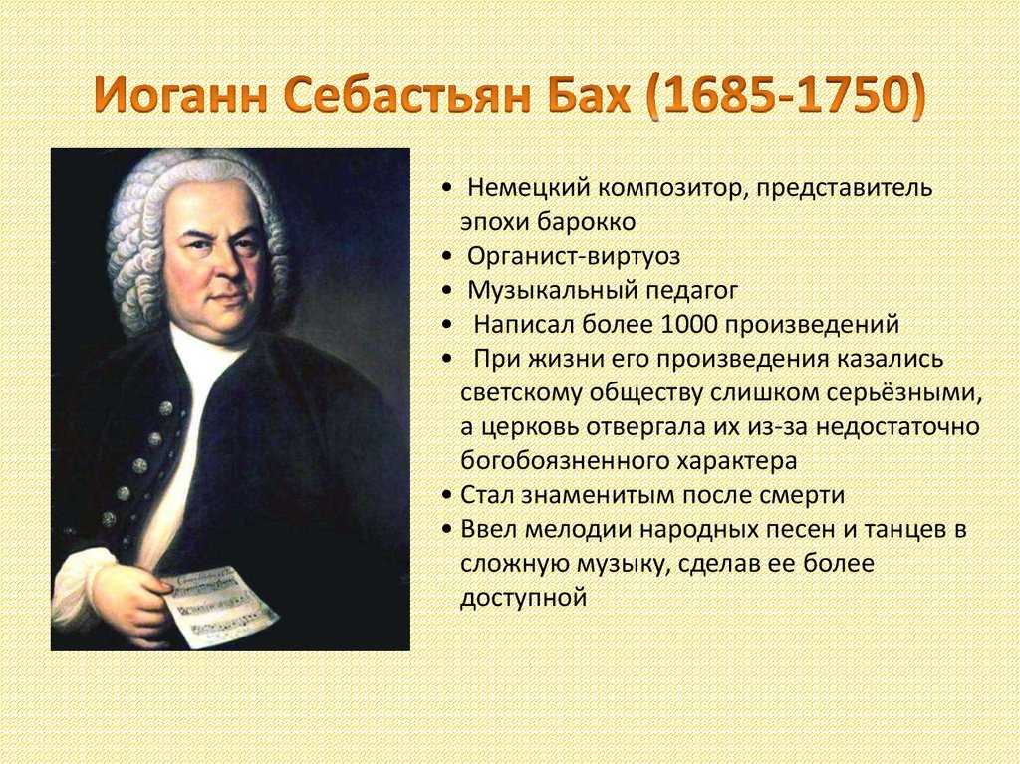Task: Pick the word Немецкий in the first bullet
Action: click(x=528, y=188)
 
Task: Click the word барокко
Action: click(x=586, y=222)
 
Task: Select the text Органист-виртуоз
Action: click(x=574, y=256)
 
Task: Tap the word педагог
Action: click(x=691, y=291)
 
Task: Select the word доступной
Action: click(x=524, y=598)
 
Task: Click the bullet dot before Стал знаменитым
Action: click(x=446, y=496)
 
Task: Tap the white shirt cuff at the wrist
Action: click(x=78, y=574)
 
